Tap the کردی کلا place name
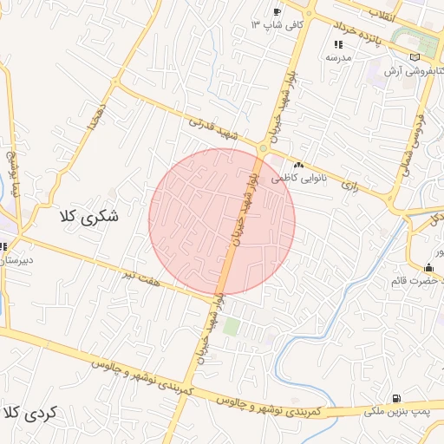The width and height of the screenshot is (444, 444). coord(29,412)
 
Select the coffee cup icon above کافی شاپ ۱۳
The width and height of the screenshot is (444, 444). coord(277,12)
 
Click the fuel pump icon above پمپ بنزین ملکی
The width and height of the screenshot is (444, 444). coord(396,398)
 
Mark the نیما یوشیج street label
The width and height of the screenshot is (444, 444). coord(12,171)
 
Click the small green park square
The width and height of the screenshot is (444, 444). coord(231,327)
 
